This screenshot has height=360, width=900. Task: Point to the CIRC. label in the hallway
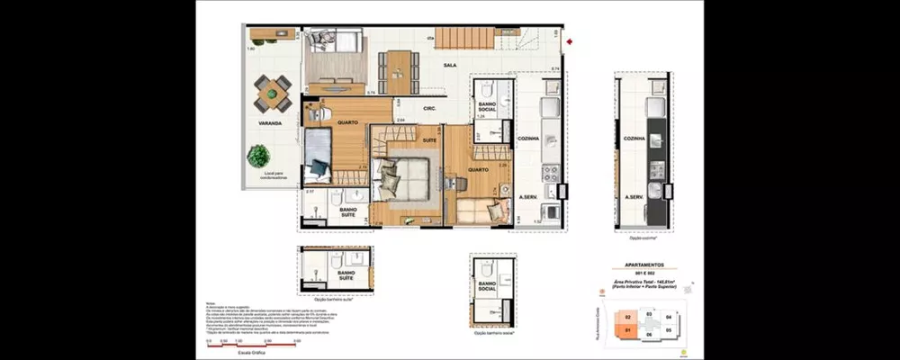click(x=429, y=109)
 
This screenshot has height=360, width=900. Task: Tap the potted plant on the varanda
click(x=258, y=155)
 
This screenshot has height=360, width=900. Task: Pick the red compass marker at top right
click(x=570, y=40)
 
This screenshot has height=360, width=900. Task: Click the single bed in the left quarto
click(x=317, y=157)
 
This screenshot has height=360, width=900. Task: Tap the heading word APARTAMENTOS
click(x=651, y=265)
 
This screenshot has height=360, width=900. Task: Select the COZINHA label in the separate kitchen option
click(x=635, y=139)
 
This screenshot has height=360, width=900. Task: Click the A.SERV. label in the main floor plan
click(x=527, y=195)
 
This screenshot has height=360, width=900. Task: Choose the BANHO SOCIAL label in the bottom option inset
click(x=490, y=289)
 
